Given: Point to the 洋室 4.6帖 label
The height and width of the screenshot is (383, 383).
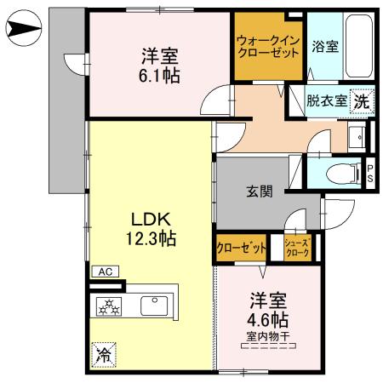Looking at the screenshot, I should pos(267,311).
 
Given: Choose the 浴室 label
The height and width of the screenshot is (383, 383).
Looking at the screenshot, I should pos(325,47).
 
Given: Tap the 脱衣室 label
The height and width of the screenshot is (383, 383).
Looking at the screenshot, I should pos(327,100).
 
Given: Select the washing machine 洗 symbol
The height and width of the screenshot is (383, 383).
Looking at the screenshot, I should pos(362,100).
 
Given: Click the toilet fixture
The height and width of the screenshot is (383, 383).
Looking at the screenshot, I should pos(343,172).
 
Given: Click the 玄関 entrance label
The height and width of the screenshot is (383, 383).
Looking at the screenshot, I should pos(260,192).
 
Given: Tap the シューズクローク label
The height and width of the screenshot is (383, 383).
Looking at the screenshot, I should pos(297,248).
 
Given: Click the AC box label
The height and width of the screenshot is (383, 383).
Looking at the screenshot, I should pos(106,272).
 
